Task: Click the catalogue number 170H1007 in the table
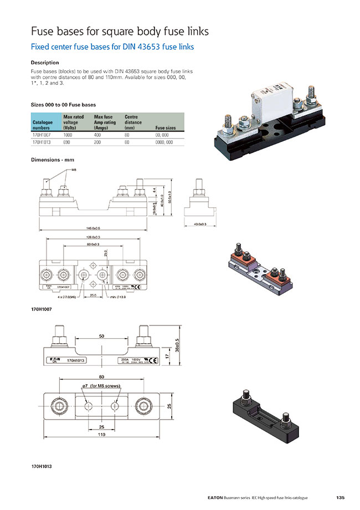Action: pos(42,135)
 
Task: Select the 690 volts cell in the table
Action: pos(67,142)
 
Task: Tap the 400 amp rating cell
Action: pos(98,135)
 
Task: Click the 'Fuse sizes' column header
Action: pos(166,128)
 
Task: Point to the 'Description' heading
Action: pos(45,63)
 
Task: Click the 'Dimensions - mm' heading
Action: pos(53,160)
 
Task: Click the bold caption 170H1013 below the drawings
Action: pos(42,467)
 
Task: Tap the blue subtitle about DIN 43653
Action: pos(112,47)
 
